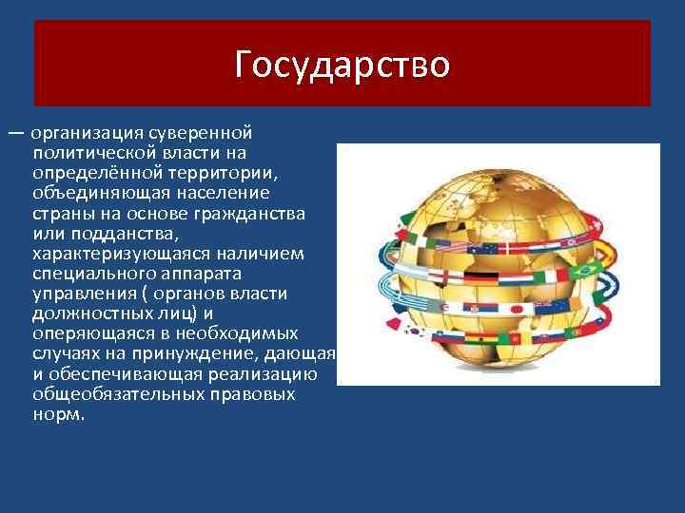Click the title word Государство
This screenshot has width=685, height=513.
[342, 65]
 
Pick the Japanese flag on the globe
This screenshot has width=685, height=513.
[518, 308]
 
